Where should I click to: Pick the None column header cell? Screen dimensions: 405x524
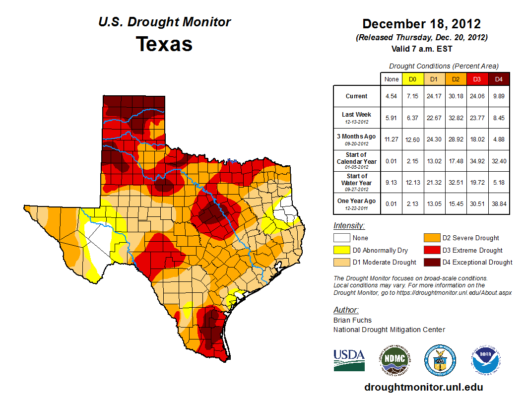coord(391,79)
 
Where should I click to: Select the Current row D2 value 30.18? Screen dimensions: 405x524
coord(456,96)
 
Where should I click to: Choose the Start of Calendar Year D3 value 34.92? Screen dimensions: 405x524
coord(477,161)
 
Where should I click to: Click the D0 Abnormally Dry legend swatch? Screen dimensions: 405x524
coord(341,250)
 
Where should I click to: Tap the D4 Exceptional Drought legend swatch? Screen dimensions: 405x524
coord(431,262)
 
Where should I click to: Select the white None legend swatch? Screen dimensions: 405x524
coord(341,238)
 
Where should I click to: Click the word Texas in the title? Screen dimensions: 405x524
coord(164,44)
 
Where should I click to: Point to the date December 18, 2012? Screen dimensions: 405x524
coord(421,24)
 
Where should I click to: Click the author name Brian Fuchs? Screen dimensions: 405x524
coord(352,320)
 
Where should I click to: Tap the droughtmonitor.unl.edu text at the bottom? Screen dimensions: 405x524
coord(423,387)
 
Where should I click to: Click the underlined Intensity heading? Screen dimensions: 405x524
coord(349,226)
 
